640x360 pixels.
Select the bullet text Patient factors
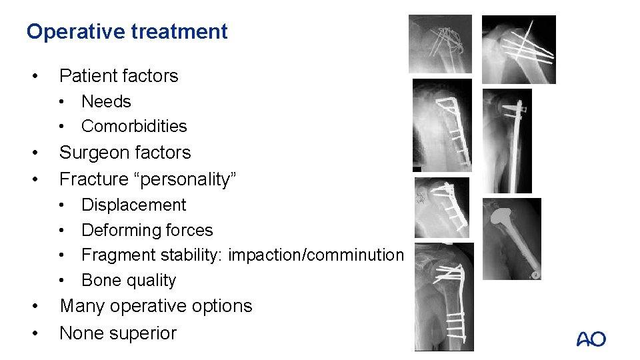[119, 76]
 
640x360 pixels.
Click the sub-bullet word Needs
[106, 101]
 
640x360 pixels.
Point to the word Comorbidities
[134, 126]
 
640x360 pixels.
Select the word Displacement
[133, 205]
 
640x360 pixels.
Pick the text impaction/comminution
[316, 255]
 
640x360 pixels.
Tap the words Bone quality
[129, 281]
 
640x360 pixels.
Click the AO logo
[591, 339]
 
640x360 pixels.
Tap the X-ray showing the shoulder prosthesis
[513, 239]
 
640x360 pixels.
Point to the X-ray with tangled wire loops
[440, 44]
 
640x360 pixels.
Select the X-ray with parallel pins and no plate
[519, 49]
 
